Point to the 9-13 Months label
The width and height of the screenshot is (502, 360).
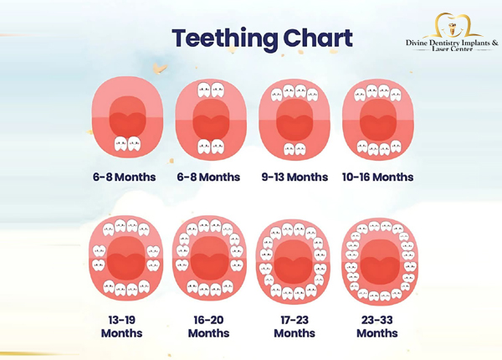tap(294, 177)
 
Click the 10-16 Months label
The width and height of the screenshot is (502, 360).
tap(377, 177)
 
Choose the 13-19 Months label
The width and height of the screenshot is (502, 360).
tap(121, 326)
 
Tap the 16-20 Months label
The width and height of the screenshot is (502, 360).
tap(208, 326)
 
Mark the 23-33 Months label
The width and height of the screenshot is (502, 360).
tap(377, 326)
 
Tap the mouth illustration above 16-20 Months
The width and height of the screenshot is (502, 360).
tap(208, 260)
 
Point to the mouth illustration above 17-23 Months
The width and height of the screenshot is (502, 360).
tap(293, 260)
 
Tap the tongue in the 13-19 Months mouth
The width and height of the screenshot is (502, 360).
tap(124, 256)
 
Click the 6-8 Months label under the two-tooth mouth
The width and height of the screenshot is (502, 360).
tap(125, 177)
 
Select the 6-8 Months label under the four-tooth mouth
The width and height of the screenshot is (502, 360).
tap(208, 177)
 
